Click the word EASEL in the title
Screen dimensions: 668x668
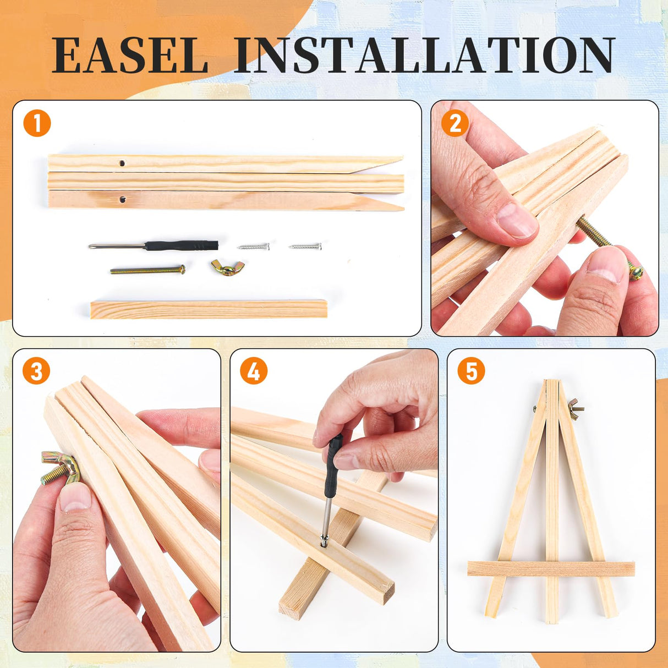130,55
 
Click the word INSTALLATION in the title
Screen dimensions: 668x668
424,55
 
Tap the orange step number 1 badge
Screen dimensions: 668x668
37,123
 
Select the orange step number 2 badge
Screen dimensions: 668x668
455,124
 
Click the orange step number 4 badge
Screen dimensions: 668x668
254,371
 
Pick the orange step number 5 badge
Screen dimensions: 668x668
471,371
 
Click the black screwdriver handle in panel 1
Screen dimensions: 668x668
182,245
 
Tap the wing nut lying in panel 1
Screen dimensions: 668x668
223,267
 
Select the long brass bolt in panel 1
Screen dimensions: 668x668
147,270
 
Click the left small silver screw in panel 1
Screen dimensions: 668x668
254,247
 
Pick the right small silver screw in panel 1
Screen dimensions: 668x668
305,246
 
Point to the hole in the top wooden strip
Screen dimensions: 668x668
122,163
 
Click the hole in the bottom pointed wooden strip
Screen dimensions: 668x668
122,199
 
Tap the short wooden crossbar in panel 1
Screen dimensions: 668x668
209,309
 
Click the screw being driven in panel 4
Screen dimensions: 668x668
324,541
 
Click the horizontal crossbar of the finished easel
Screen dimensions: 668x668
551,568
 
